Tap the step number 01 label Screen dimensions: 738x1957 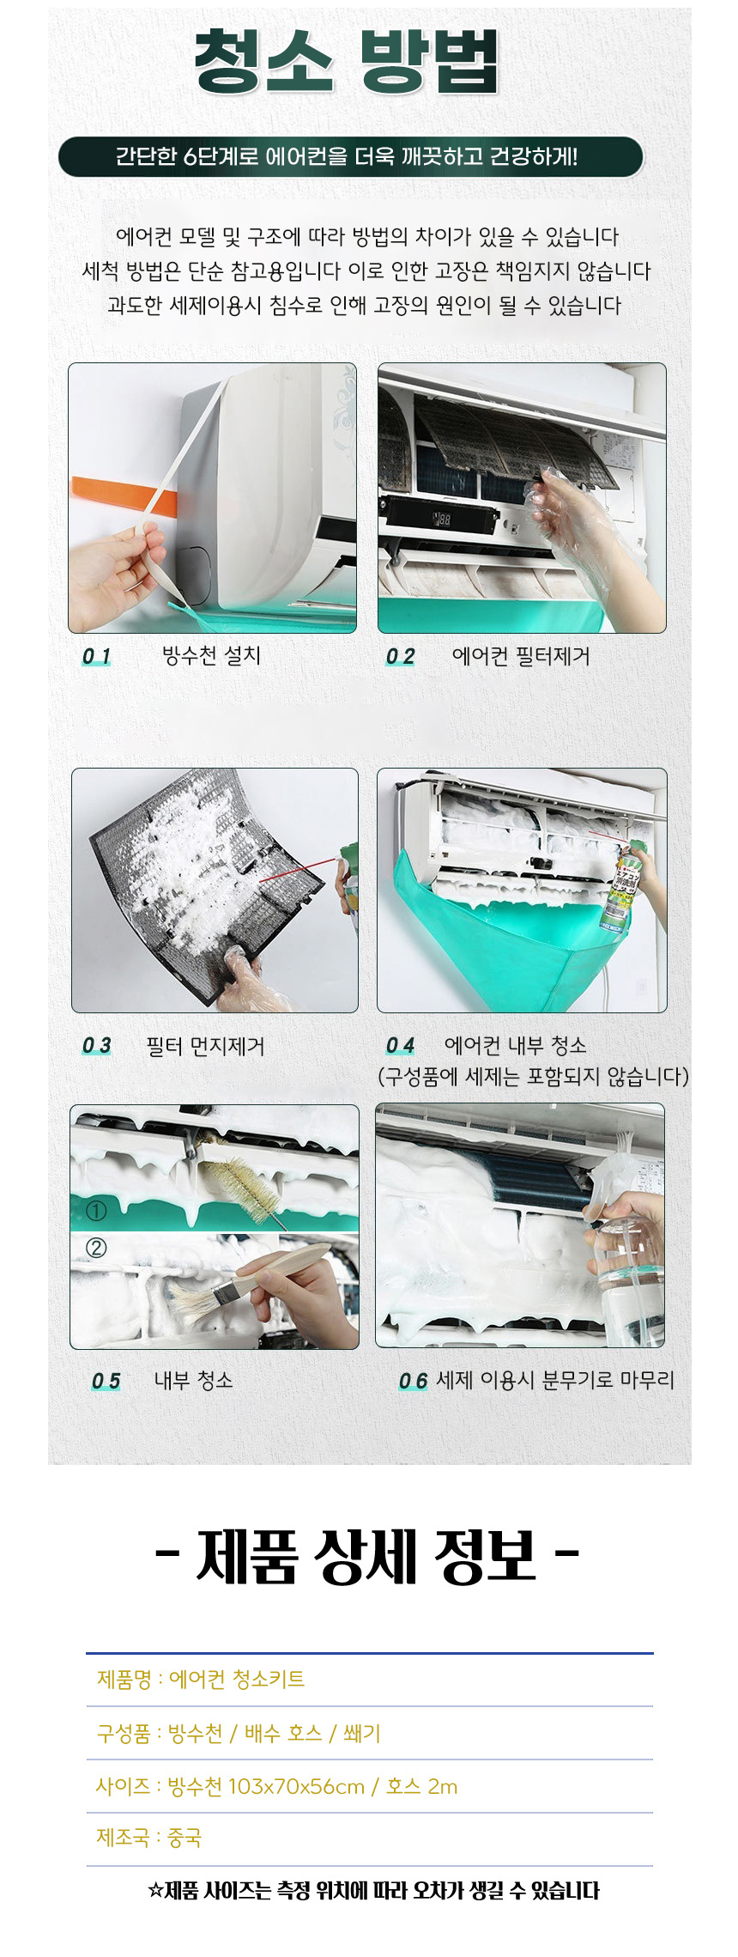pyautogui.click(x=97, y=657)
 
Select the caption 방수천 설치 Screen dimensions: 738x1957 pyautogui.click(x=211, y=656)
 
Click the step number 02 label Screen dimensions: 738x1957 pyautogui.click(x=400, y=657)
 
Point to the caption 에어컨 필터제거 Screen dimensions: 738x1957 pyautogui.click(x=521, y=657)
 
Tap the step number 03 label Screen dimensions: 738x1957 pyautogui.click(x=97, y=1046)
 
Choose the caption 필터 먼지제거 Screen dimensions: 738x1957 pyautogui.click(x=206, y=1046)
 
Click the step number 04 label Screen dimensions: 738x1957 pyautogui.click(x=400, y=1046)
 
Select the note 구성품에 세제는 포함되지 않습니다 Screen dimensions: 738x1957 pyautogui.click(x=533, y=1076)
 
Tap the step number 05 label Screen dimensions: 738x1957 pyautogui.click(x=106, y=1382)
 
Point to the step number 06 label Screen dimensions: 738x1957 pyautogui.click(x=413, y=1382)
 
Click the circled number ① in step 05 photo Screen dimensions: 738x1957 pyautogui.click(x=96, y=1211)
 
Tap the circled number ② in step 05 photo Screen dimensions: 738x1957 pyautogui.click(x=96, y=1247)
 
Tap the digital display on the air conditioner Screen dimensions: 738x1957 pyautogui.click(x=441, y=520)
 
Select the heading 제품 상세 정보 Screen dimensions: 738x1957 pyautogui.click(x=367, y=1556)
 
